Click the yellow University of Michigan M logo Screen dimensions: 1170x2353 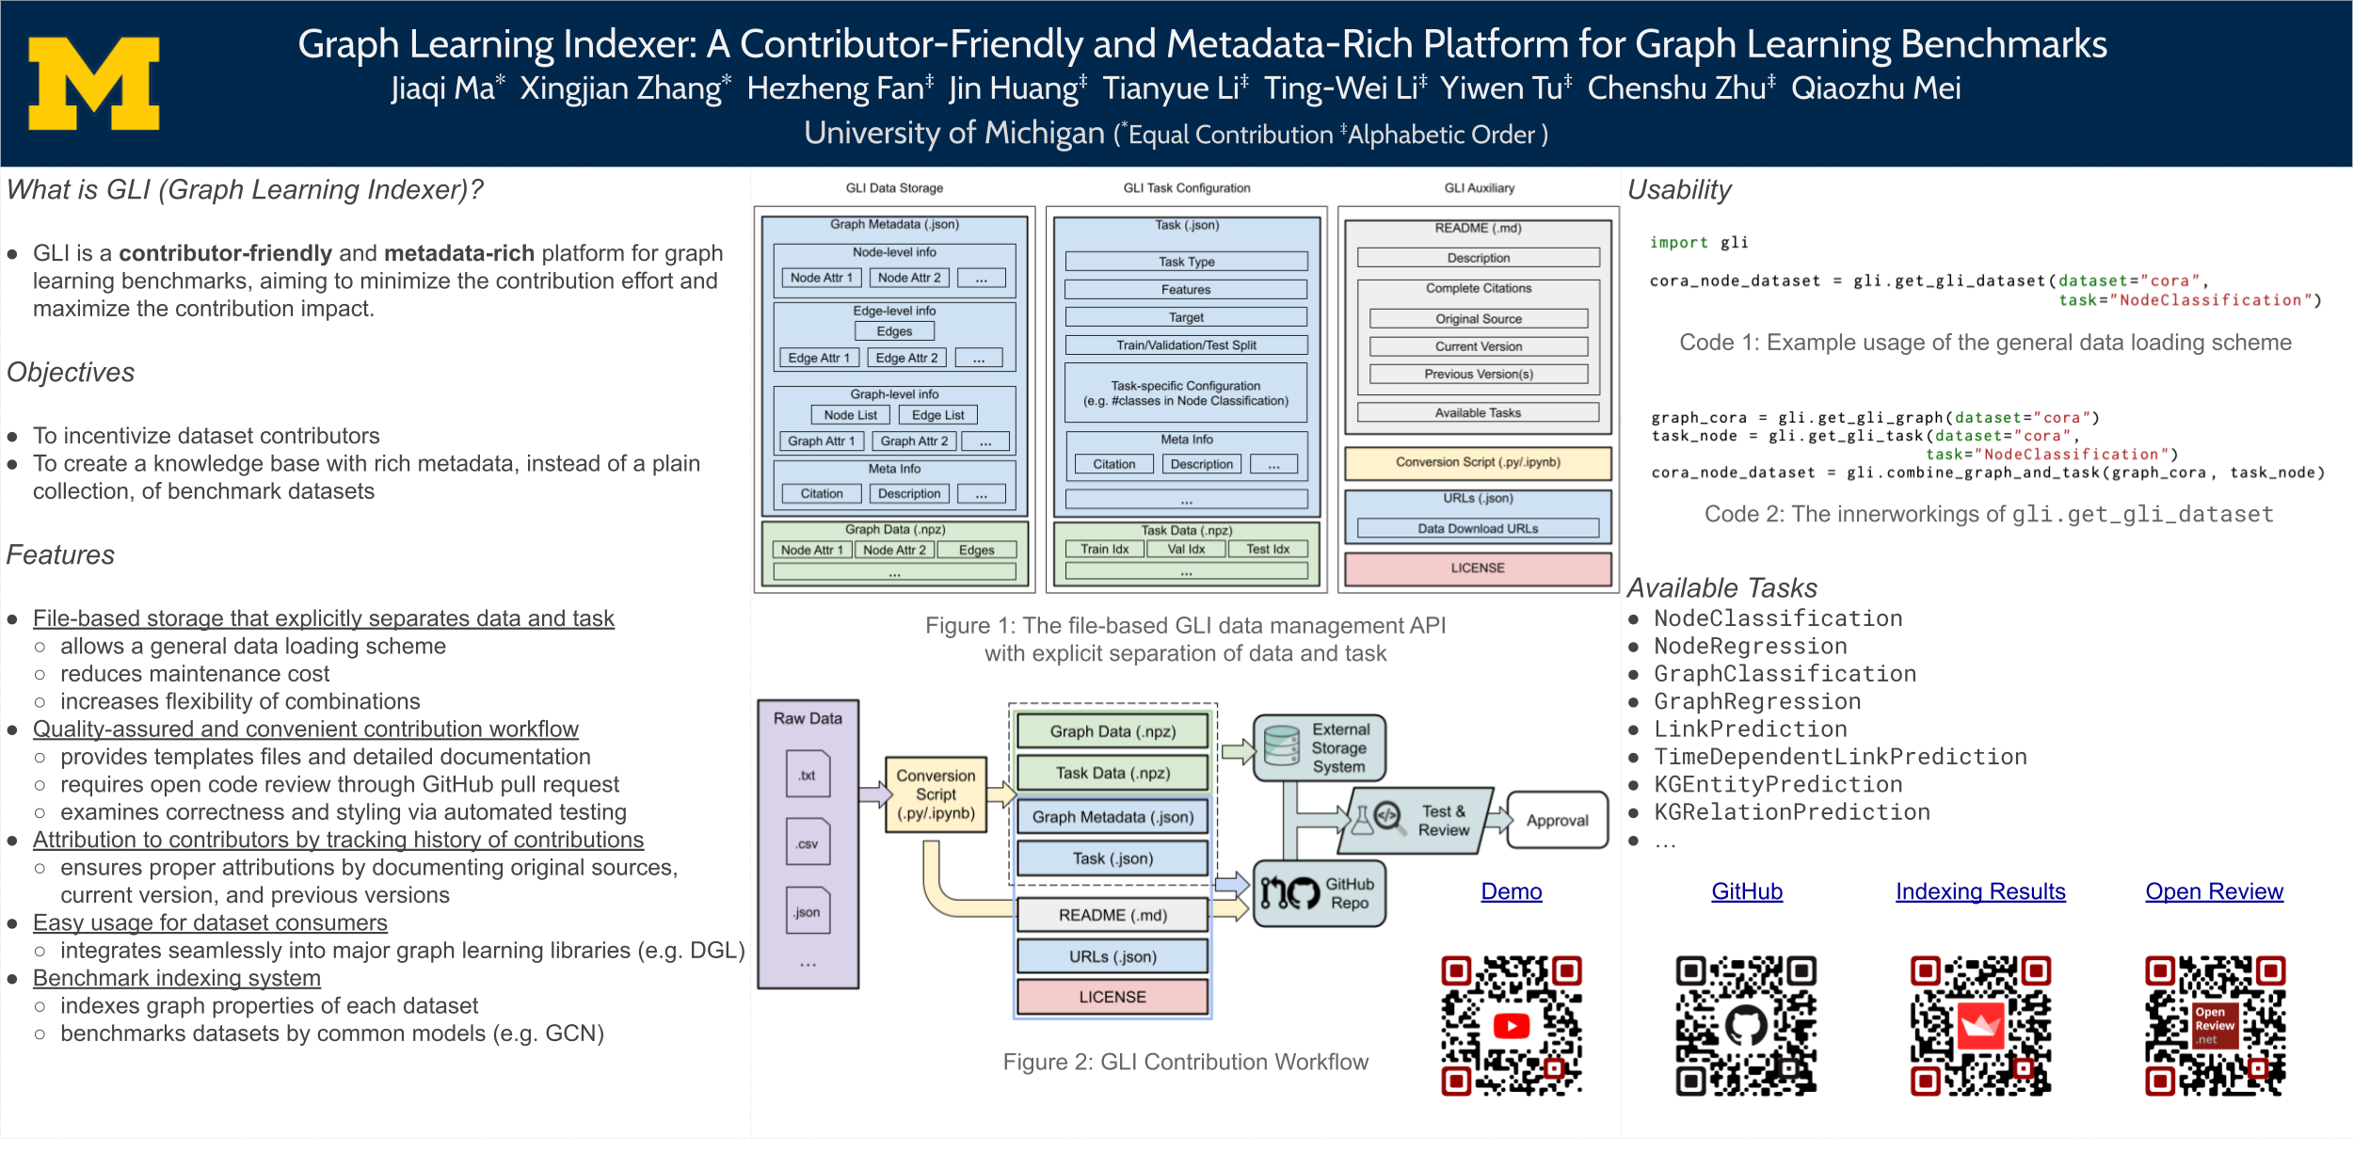pyautogui.click(x=94, y=83)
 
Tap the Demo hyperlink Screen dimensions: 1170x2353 pyautogui.click(x=1511, y=891)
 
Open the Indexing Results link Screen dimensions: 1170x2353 pyautogui.click(x=1980, y=891)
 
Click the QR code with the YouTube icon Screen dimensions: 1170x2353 pyautogui.click(x=1512, y=1025)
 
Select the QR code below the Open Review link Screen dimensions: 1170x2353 pyautogui.click(x=2215, y=1025)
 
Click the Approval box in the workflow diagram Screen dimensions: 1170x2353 pyautogui.click(x=1557, y=821)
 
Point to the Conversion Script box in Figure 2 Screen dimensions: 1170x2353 pyautogui.click(x=936, y=794)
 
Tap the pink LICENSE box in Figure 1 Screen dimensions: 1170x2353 pyautogui.click(x=1478, y=569)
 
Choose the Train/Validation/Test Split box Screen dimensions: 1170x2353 pyautogui.click(x=1186, y=345)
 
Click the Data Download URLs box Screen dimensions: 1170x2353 pyautogui.click(x=1478, y=529)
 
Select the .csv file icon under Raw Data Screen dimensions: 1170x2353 pyautogui.click(x=808, y=843)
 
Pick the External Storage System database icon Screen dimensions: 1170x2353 pyautogui.click(x=1281, y=746)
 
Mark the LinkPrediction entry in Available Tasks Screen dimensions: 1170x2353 pyautogui.click(x=1751, y=729)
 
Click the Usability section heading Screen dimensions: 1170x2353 pyautogui.click(x=1679, y=190)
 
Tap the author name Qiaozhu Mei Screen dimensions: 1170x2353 pyautogui.click(x=1875, y=88)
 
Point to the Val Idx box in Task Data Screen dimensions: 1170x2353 pyautogui.click(x=1186, y=550)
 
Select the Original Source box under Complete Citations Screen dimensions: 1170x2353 pyautogui.click(x=1478, y=319)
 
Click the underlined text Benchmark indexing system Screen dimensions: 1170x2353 pyautogui.click(x=177, y=979)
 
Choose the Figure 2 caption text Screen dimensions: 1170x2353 pyautogui.click(x=1185, y=1063)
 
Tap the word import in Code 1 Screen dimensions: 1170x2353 pyautogui.click(x=1678, y=243)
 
